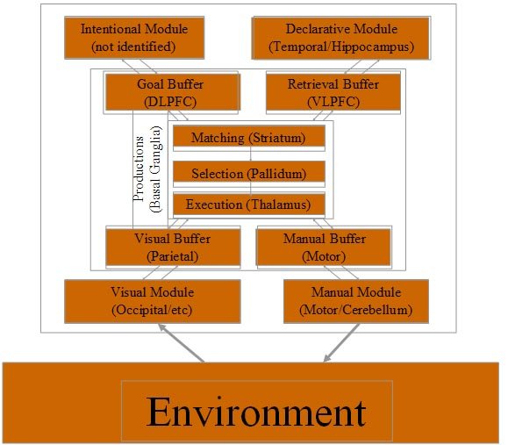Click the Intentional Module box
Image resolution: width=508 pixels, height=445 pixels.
[x=134, y=38]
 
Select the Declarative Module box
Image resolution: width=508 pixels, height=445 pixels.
[x=341, y=38]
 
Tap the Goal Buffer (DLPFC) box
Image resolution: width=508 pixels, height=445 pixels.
[x=172, y=92]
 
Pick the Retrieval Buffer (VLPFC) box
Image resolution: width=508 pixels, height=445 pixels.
[x=333, y=92]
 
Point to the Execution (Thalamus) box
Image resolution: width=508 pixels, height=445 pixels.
[x=249, y=204]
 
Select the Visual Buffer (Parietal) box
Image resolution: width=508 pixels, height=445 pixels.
[x=173, y=248]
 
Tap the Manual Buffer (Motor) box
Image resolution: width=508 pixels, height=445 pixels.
[x=324, y=248]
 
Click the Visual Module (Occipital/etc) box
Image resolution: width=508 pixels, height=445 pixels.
[x=153, y=301]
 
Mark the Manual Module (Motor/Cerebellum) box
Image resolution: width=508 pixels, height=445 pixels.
[x=356, y=301]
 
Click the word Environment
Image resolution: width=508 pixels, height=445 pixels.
[x=256, y=412]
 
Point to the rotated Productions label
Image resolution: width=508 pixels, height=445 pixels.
[x=139, y=169]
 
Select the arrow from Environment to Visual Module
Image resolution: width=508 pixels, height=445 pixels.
[x=181, y=342]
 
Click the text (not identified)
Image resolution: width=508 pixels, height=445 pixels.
[x=133, y=47]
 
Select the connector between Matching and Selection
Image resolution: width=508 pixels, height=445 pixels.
[x=250, y=154]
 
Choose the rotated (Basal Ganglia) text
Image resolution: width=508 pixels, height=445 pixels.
[x=155, y=169]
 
